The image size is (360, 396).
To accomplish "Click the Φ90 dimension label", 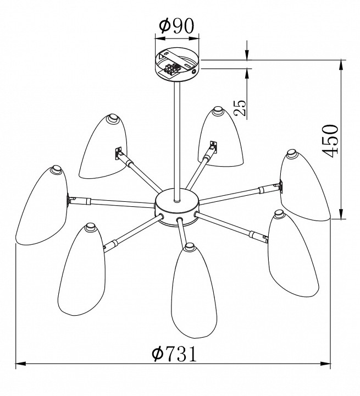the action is pos(177,26).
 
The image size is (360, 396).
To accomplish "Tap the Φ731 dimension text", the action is pos(174,354).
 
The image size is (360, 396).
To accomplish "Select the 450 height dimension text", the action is pos(330,141).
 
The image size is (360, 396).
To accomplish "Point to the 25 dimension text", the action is pos(240,108).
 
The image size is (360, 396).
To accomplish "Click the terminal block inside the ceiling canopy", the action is pos(171,69).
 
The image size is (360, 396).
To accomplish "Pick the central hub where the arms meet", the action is pos(177,208).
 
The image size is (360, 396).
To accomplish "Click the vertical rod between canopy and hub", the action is pos(177,141).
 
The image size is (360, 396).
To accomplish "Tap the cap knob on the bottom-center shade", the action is pos(190,247).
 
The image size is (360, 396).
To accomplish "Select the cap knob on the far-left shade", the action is pos(56,169).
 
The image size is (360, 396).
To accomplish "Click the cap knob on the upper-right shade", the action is pos(292,153).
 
